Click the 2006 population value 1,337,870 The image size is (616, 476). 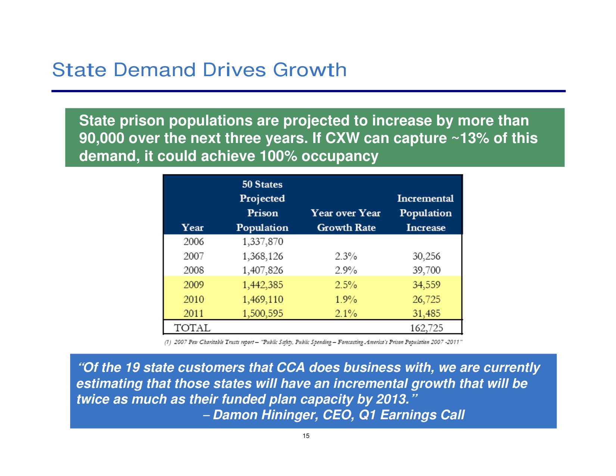coord(262,242)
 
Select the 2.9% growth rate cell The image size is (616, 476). coord(346,270)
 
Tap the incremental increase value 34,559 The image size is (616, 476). coord(426,285)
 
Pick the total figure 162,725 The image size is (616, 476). coord(426,328)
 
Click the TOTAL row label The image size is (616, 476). coord(192,328)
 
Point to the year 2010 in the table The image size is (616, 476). coord(193,299)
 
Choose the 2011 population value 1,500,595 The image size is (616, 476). coord(262,314)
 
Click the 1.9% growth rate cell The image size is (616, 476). coord(346,299)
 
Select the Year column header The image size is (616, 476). coord(192,228)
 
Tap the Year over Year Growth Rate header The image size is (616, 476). coord(346,220)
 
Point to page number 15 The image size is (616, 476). coord(306,436)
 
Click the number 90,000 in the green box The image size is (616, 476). coord(102,139)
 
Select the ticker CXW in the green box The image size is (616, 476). coord(342,139)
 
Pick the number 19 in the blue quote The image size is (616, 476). coord(132,368)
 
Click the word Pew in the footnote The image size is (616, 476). coord(193,342)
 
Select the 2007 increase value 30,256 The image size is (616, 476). coord(426,256)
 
